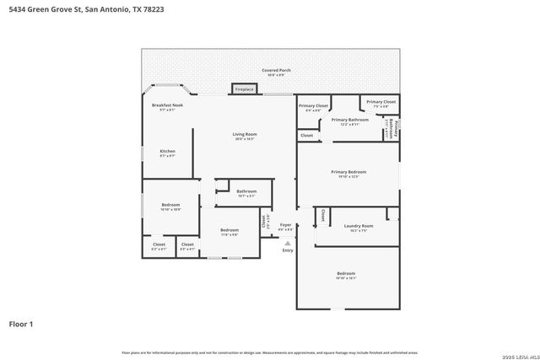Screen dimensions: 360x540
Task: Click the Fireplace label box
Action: tap(245, 89)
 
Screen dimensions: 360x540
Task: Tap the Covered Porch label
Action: tap(276, 70)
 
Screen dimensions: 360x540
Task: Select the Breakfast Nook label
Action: tap(167, 105)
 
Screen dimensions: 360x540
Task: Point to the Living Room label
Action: tap(245, 135)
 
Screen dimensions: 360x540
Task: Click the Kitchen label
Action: tap(168, 152)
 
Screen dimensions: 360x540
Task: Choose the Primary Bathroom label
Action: tap(349, 121)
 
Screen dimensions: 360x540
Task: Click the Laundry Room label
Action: tap(359, 226)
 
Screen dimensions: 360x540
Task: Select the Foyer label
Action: tap(285, 225)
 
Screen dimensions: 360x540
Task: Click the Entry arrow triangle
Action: tap(288, 242)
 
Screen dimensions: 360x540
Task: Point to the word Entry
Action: tap(288, 250)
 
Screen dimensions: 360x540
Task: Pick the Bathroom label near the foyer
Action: tap(246, 191)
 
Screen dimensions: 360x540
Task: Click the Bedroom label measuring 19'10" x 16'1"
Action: tap(346, 274)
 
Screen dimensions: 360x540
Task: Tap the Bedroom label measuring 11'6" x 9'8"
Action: tap(229, 230)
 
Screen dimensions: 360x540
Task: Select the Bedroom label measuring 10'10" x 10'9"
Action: tap(170, 205)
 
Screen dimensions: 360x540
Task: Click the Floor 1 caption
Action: tap(21, 323)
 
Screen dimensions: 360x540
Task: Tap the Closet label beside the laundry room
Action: tap(322, 216)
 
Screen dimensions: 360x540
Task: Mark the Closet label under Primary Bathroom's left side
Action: tap(306, 135)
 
